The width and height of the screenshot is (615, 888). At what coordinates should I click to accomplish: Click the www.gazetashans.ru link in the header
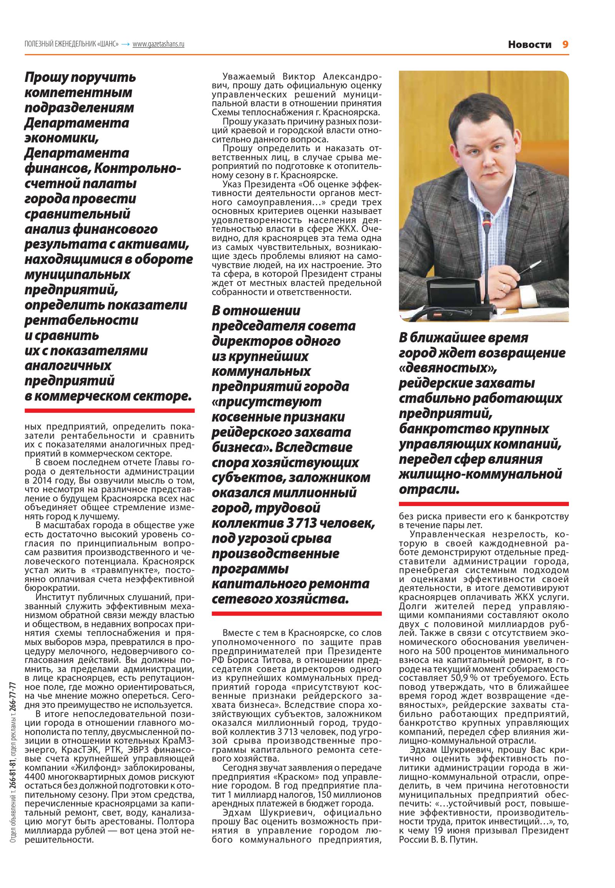(x=158, y=44)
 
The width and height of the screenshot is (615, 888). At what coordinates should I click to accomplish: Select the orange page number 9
(x=565, y=45)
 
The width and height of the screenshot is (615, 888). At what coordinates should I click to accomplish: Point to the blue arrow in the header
(x=125, y=44)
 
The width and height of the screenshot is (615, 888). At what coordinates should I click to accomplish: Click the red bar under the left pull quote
(x=110, y=411)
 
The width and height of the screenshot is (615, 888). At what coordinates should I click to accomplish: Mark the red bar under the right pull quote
(x=484, y=504)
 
